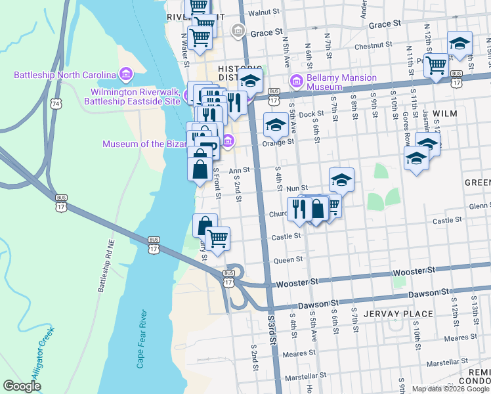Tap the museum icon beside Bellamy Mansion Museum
(296, 81)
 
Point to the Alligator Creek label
(32, 355)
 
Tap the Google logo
(22, 386)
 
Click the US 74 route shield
(57, 104)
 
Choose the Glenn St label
(479, 206)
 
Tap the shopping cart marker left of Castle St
(217, 238)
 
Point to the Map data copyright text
(450, 389)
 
